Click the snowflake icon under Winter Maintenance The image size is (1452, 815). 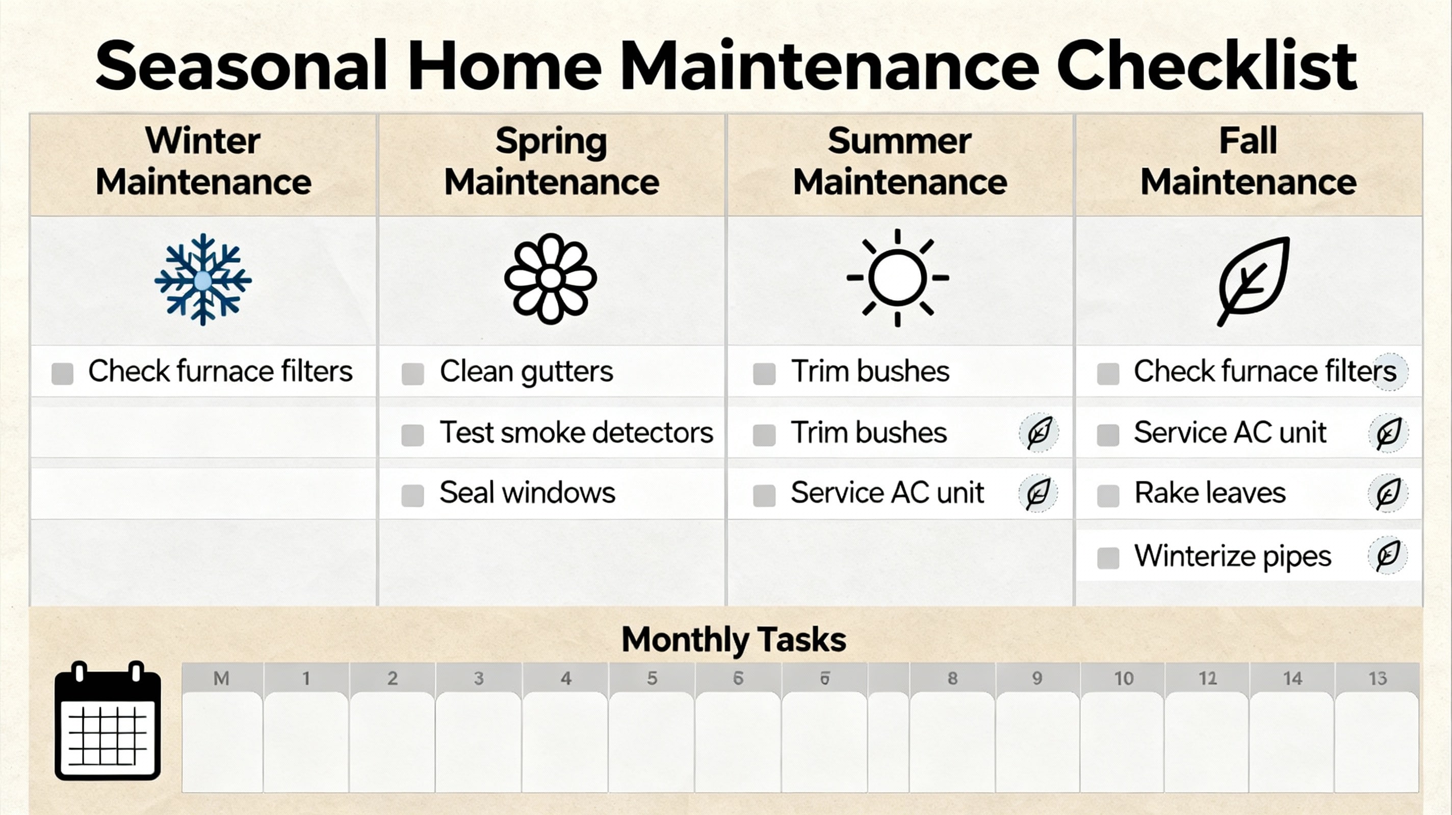pos(203,279)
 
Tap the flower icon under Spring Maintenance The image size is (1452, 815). pos(550,279)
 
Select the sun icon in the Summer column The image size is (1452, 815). pos(897,278)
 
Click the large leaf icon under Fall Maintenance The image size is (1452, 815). pos(1253,281)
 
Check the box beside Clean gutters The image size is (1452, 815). pos(412,373)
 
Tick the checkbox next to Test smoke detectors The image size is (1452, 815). pos(412,435)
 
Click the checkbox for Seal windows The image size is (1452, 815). pos(412,496)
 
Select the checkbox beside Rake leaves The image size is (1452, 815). pos(1108,496)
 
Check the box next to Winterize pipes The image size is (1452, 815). pos(1108,558)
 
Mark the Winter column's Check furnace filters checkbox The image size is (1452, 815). pos(63,373)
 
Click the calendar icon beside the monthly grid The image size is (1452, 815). pos(108,720)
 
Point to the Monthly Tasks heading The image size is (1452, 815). pos(733,639)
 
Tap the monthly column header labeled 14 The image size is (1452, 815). pos(1292,678)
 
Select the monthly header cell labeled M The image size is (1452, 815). pos(221,678)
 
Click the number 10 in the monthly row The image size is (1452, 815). pos(1123,678)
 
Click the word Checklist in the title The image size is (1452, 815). pos(1207,65)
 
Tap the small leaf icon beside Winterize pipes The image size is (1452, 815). pos(1388,555)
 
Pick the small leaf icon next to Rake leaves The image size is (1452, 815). pos(1388,494)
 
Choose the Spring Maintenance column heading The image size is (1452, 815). pos(551,161)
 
